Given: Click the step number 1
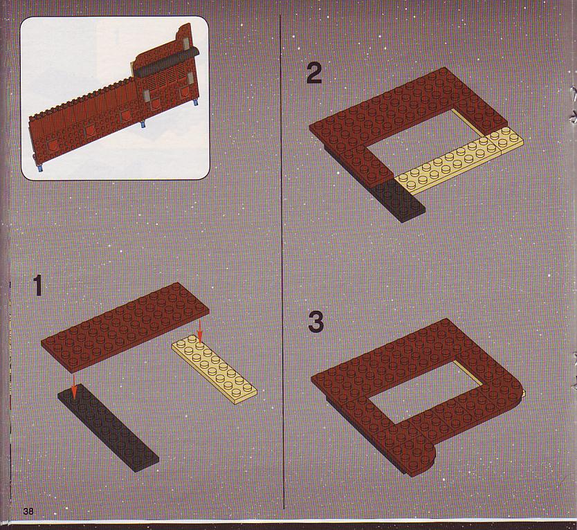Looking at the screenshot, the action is pos(37,285).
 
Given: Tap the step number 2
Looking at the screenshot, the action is pos(314,73).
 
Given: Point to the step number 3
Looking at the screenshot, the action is pos(315,322).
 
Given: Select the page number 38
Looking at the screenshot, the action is pos(28,511).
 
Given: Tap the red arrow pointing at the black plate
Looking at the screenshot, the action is pos(74,387).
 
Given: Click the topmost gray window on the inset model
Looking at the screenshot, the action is pos(187,44).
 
